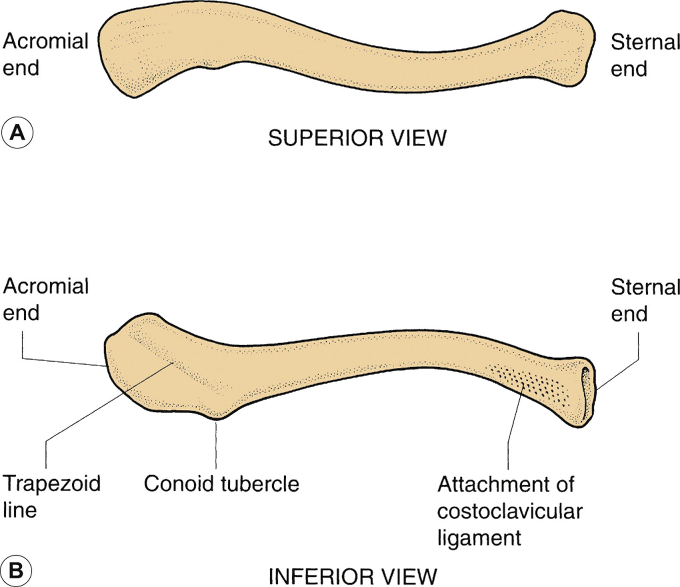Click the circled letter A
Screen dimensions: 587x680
[x=17, y=133]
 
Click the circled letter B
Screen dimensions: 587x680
[x=16, y=570]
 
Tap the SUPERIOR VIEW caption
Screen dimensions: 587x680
[x=357, y=138]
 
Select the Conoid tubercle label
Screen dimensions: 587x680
[x=221, y=484]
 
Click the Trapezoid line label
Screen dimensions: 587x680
[x=51, y=496]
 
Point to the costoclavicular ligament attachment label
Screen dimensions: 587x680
[x=509, y=511]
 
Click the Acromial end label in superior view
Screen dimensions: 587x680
[x=45, y=54]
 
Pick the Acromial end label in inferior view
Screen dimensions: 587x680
[x=45, y=299]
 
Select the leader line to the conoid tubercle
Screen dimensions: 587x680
[x=216, y=444]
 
